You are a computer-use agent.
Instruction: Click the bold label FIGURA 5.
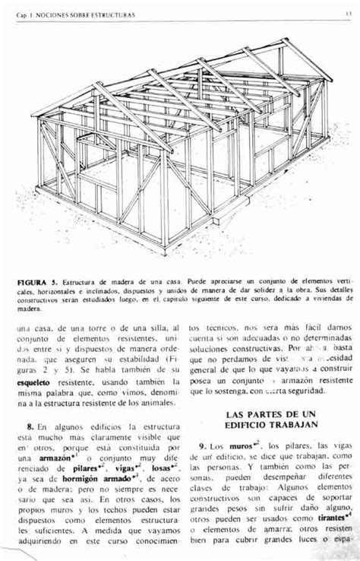click(39, 282)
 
